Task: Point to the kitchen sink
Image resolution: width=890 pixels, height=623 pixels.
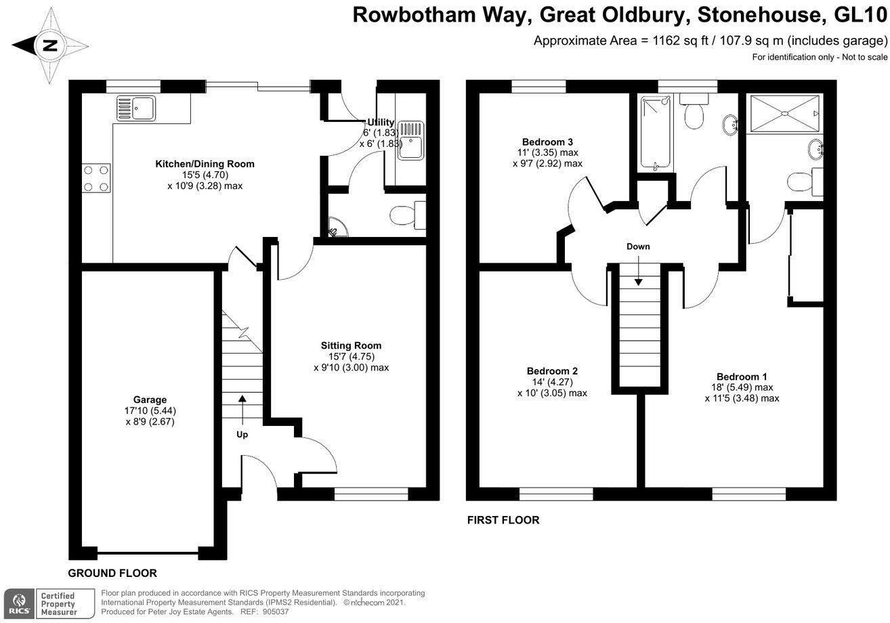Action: coord(136,107)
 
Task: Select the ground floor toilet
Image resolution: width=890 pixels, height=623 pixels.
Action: coord(405,216)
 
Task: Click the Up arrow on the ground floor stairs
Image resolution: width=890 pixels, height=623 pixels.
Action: coord(242,408)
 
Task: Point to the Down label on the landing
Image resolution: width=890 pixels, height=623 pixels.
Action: coord(638,246)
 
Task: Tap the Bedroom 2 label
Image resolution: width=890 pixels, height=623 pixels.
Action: coord(552,371)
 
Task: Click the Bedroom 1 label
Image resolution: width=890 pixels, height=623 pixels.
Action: coord(742,377)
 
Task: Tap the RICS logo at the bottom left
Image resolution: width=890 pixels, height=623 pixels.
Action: coord(16,603)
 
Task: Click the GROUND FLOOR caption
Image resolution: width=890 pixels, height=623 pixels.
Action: coord(112,573)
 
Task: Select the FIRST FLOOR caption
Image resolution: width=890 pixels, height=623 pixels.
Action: coord(503,520)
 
